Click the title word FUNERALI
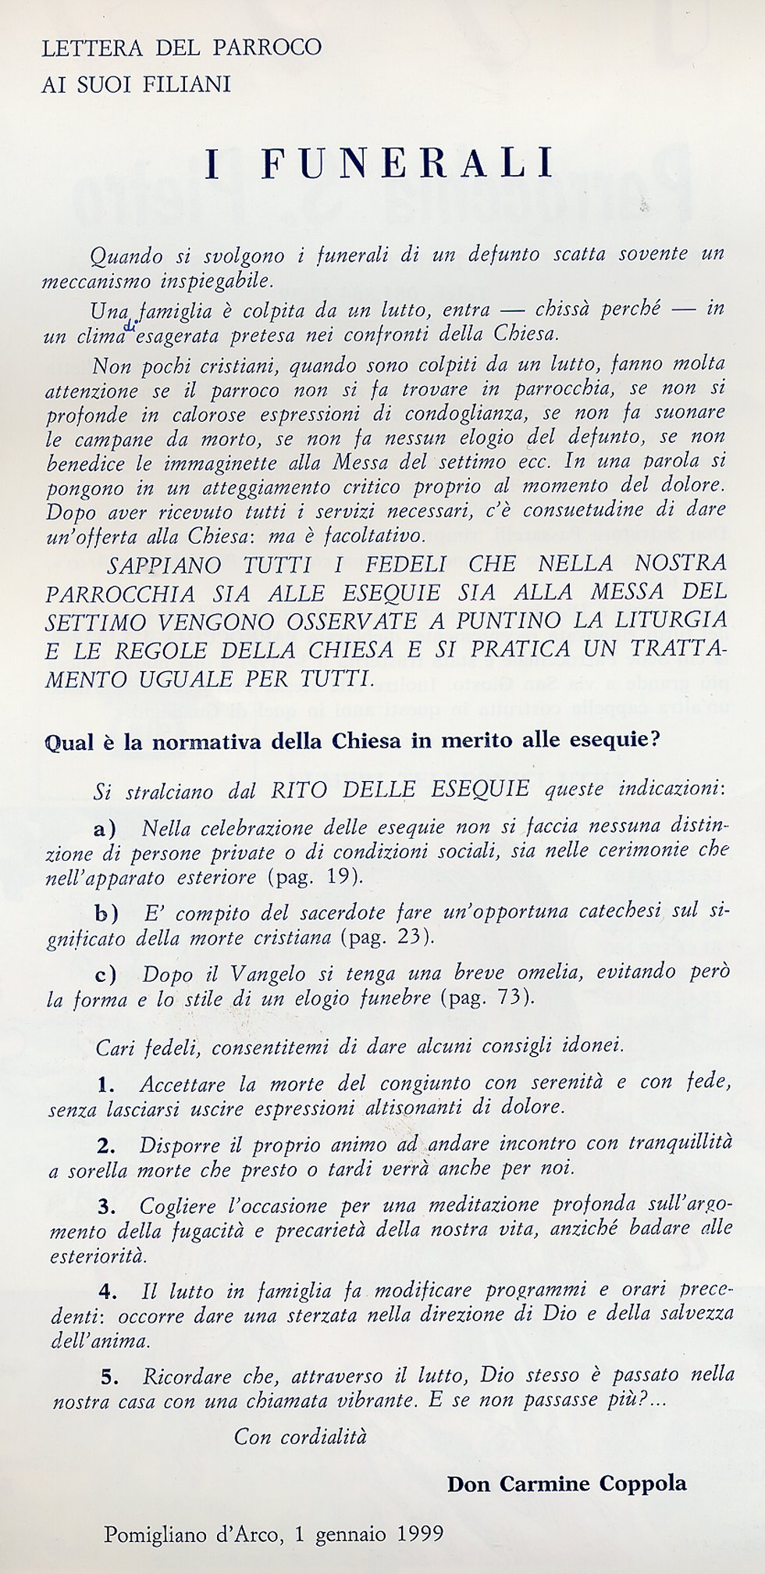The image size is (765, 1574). pos(407,163)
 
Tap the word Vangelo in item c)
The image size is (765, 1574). pos(265,974)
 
